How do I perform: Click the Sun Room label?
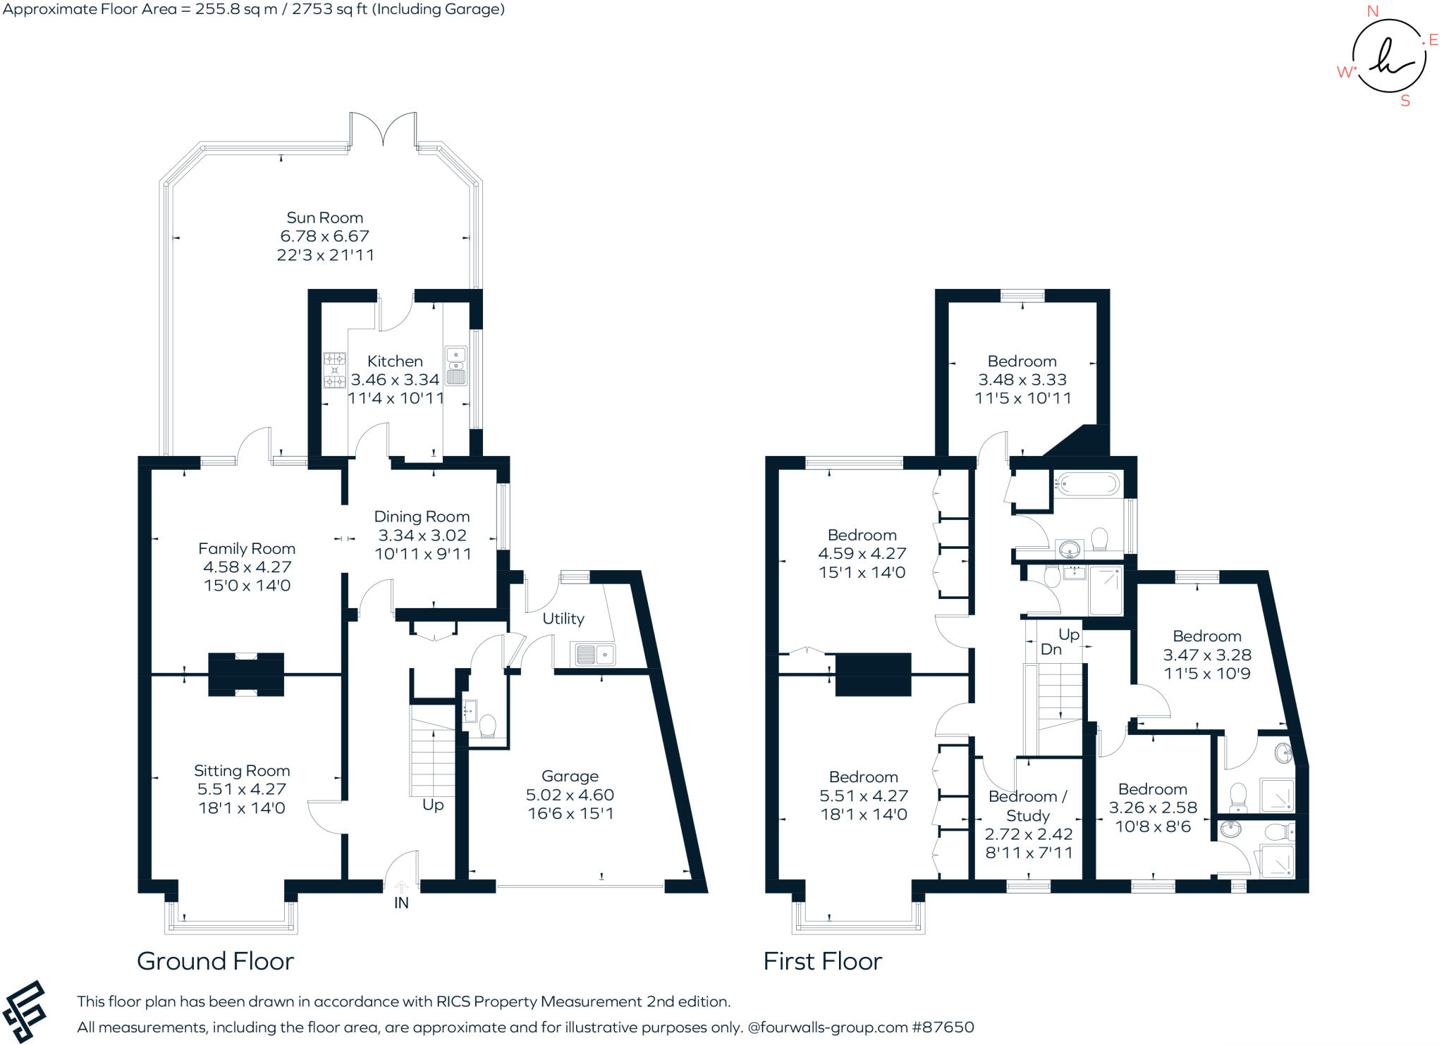click(x=324, y=218)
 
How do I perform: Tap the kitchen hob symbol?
click(x=334, y=370)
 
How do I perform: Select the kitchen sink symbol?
click(x=456, y=366)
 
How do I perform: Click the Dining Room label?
click(x=422, y=517)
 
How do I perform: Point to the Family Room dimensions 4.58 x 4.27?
click(x=247, y=567)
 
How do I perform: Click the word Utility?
click(x=563, y=619)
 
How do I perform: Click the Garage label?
click(x=570, y=777)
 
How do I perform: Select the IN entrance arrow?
click(x=401, y=887)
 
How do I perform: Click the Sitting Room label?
click(x=242, y=771)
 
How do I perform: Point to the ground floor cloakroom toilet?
click(x=487, y=725)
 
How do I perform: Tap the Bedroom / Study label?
click(x=1028, y=806)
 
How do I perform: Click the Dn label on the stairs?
click(x=1051, y=650)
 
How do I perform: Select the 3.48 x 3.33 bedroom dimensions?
click(x=1022, y=380)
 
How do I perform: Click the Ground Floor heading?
click(x=215, y=961)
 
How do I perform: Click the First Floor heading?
click(x=822, y=961)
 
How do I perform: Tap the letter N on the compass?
click(x=1372, y=11)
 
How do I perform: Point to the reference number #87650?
click(x=943, y=1027)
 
